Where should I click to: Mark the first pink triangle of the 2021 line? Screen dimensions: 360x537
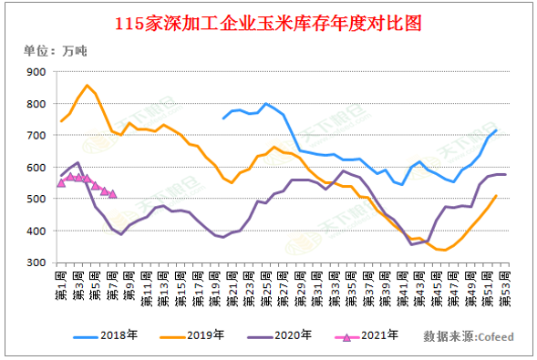click(61, 182)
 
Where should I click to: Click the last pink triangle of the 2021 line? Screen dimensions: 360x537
click(112, 193)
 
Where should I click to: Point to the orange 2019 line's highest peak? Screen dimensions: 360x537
click(87, 86)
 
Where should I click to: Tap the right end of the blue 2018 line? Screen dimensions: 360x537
click(496, 130)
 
